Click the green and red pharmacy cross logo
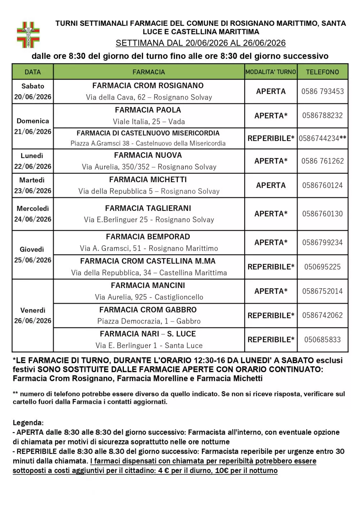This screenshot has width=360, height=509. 28,35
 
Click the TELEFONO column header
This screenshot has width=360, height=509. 322,72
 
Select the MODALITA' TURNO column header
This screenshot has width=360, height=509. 271,72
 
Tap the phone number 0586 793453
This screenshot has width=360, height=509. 323,91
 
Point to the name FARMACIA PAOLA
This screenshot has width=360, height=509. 148,110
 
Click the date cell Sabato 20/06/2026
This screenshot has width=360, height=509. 33,91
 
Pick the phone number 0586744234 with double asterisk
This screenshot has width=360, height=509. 323,139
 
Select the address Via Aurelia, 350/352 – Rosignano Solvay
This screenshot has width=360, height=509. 149,167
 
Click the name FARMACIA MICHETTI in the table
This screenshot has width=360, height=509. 148,180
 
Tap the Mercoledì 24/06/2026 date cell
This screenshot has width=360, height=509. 33,214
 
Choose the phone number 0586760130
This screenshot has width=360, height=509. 323,214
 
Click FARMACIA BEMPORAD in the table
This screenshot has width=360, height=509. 148,237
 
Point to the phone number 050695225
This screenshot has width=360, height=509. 323,267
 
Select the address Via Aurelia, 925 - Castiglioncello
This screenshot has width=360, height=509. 149,297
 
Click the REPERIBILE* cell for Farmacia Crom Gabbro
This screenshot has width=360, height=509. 271,316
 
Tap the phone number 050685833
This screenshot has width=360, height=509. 323,340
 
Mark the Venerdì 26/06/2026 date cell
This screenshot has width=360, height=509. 33,315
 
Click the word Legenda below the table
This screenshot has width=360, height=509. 28,423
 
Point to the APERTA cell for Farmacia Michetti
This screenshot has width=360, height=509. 271,185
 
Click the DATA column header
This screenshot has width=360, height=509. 33,72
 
